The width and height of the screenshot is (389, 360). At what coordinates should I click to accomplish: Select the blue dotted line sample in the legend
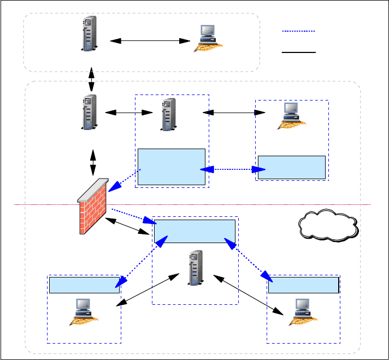click(298, 32)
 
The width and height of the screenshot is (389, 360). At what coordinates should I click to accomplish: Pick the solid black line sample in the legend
click(298, 52)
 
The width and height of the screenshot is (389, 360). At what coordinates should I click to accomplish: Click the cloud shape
click(328, 224)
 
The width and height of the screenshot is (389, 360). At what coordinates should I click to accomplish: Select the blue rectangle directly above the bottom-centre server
click(195, 231)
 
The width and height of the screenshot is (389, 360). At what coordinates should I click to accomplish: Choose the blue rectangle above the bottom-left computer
click(84, 285)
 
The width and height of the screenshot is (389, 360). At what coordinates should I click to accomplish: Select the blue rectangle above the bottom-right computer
click(303, 285)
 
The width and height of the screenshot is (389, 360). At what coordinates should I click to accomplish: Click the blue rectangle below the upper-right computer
click(291, 167)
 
